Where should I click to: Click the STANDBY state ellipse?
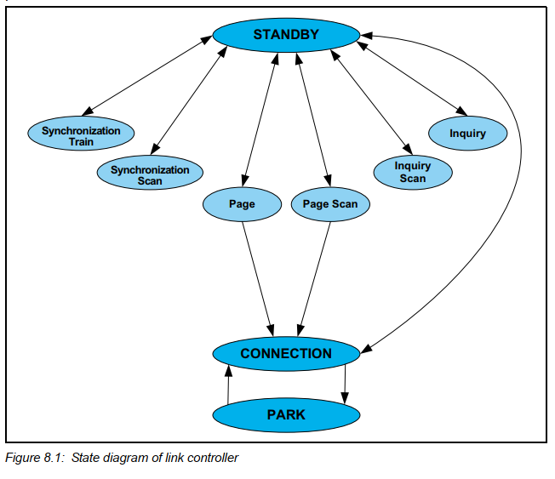coord(286,35)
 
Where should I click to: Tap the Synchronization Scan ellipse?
coord(150,174)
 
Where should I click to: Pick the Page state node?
coord(242,204)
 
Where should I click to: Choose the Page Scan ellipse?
coord(330,204)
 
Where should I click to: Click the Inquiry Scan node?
coord(413,171)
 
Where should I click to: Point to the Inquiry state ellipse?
coord(467,134)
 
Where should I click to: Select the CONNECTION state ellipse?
coord(286,353)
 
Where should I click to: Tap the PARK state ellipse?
coord(286,414)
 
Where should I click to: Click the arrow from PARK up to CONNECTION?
coord(228,383)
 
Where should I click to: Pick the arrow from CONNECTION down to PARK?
coord(345,385)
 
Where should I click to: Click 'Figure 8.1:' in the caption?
coord(35,459)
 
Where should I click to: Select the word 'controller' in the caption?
coord(214,459)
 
